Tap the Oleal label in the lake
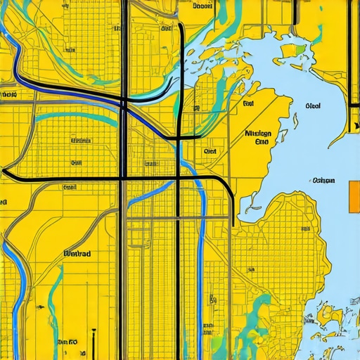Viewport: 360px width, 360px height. point(314,106)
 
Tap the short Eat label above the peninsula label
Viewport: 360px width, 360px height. point(247,104)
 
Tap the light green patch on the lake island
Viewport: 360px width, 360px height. point(301,49)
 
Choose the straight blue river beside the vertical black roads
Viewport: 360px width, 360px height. point(203,232)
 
